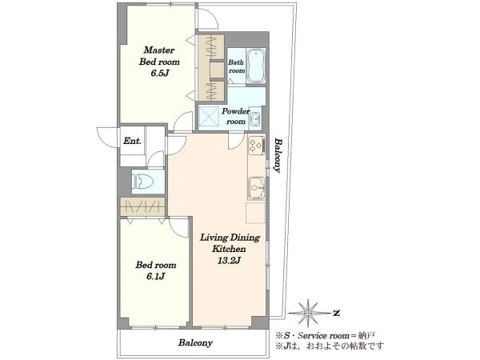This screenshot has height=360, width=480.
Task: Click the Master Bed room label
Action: (159, 56)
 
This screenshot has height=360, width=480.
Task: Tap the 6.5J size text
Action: (160, 74)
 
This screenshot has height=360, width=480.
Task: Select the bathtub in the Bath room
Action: (255, 66)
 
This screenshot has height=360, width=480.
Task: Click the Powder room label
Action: (236, 116)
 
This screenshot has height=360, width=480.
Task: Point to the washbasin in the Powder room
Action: (255, 118)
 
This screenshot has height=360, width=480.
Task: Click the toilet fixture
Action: (142, 182)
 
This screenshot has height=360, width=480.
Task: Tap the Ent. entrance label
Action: (132, 141)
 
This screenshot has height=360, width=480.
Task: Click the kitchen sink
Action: (257, 188)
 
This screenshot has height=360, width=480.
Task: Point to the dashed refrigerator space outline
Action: (255, 213)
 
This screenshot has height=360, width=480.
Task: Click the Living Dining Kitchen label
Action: (230, 243)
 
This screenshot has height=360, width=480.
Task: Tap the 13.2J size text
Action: (230, 261)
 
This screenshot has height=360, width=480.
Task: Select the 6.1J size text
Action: (156, 277)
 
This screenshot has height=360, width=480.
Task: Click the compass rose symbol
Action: (308, 313)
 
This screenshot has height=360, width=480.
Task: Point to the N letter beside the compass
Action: (337, 313)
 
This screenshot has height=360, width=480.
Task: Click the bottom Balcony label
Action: (196, 342)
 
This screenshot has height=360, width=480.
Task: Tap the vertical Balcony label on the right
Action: (278, 155)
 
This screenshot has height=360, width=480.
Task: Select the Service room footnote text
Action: (326, 335)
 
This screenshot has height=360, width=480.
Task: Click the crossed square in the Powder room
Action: (210, 116)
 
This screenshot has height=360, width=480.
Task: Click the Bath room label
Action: (237, 66)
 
